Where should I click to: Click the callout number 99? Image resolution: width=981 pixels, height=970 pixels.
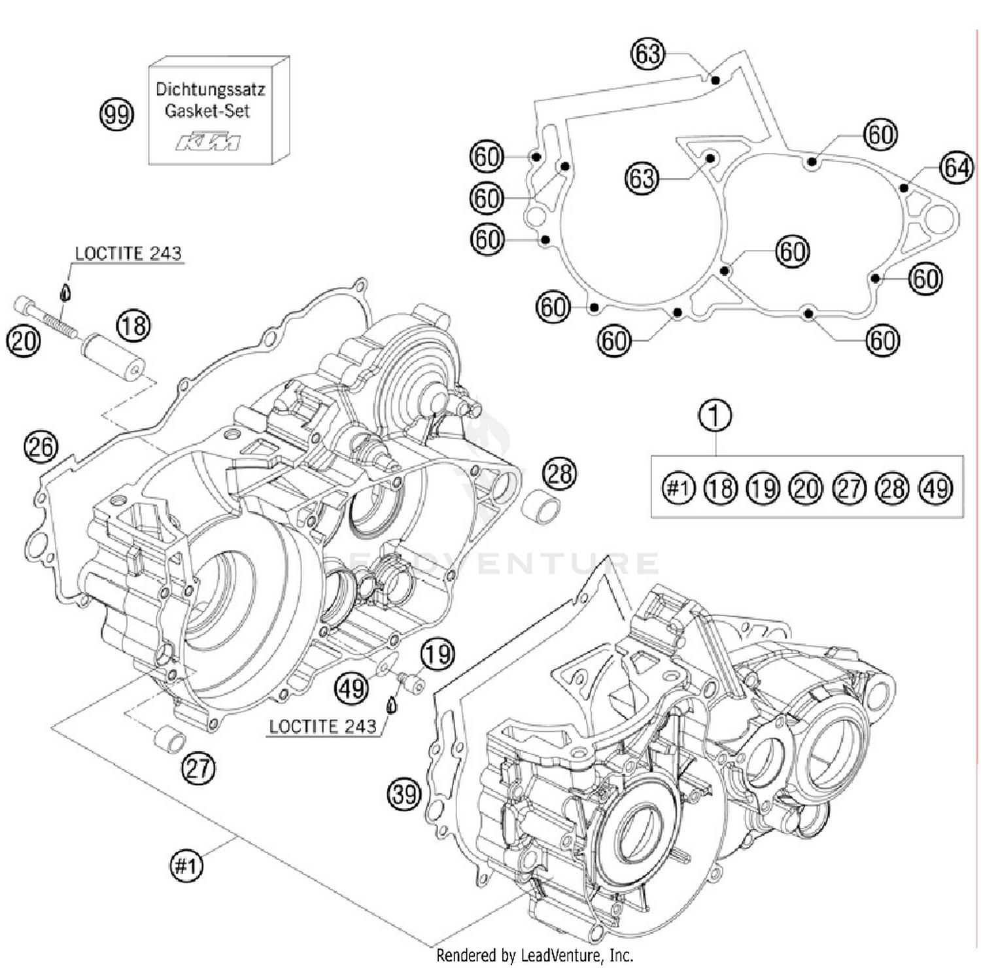(116, 114)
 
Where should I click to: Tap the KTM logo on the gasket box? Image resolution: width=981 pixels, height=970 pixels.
(207, 141)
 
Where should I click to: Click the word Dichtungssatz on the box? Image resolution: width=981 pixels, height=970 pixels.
(210, 89)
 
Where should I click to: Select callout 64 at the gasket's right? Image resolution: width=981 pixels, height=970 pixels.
(955, 168)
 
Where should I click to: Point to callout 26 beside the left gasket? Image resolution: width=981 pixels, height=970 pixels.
(41, 447)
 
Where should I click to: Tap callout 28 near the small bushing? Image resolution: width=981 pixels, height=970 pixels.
(559, 473)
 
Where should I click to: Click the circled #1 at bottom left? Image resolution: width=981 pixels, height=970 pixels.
(186, 866)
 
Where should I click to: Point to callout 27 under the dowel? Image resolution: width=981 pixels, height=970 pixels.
(198, 768)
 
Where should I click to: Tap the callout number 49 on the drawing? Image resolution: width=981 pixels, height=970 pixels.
(352, 688)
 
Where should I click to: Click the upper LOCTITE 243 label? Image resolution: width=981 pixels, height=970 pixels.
(128, 254)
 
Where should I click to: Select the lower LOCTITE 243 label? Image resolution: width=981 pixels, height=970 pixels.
(322, 727)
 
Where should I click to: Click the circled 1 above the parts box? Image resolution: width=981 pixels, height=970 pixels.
(715, 416)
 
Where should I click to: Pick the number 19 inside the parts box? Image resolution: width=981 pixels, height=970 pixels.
(763, 489)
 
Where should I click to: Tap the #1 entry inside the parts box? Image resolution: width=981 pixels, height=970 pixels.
(678, 489)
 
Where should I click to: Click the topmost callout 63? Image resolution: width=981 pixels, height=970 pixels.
(647, 54)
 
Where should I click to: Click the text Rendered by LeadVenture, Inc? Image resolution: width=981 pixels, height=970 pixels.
(534, 956)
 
